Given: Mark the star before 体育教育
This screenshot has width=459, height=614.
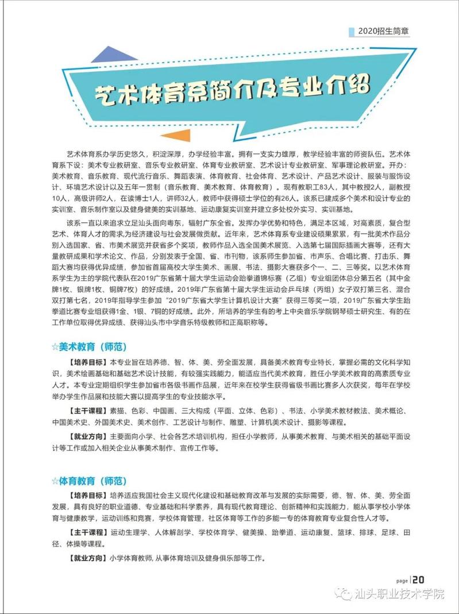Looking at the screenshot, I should [x=55, y=480].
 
